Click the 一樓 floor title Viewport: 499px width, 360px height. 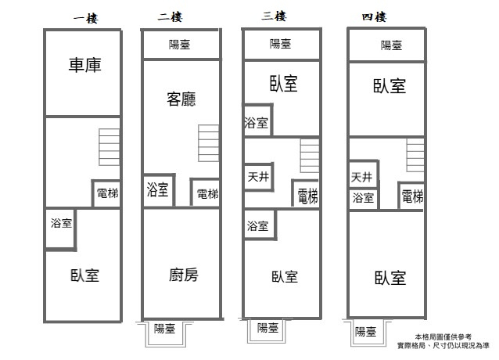click(85, 18)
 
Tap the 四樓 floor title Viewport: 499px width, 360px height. click(374, 16)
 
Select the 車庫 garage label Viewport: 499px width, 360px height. click(85, 65)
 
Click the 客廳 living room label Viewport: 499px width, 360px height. click(181, 99)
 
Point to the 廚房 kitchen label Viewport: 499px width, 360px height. click(183, 275)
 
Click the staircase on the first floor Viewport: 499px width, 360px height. click(109, 147)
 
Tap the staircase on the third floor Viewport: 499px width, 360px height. click(310, 156)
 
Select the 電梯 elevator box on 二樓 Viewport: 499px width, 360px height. click(205, 193)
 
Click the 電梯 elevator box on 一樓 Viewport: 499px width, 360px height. click(106, 193)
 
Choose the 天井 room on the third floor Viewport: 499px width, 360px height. click(259, 177)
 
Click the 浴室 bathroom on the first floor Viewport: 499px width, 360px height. click(60, 229)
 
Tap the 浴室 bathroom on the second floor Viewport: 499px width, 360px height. click(159, 190)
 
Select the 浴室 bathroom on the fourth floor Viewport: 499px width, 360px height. click(363, 199)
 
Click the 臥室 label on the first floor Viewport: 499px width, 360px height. click(84, 275)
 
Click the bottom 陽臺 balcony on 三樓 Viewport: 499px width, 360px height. click(267, 330)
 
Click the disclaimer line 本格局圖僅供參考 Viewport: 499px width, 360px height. click(443, 337)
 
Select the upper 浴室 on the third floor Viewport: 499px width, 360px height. click(257, 121)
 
